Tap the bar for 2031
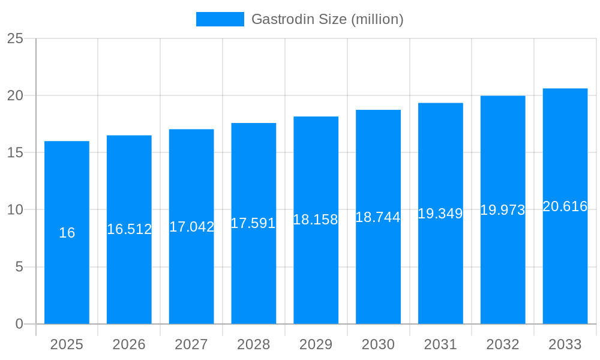point(440,270)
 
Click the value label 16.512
point(129,229)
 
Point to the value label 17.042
point(191,227)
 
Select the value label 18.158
point(316,220)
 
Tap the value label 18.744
point(378,217)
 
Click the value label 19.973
point(503,210)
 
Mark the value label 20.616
point(565,206)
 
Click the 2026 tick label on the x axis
point(129,344)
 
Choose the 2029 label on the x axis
point(316,344)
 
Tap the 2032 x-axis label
point(503,344)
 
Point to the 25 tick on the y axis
point(15,38)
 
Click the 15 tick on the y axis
point(15,152)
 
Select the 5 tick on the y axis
point(19,266)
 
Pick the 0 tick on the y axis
point(19,324)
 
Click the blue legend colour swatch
point(220,19)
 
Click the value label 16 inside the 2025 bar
point(67,233)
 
